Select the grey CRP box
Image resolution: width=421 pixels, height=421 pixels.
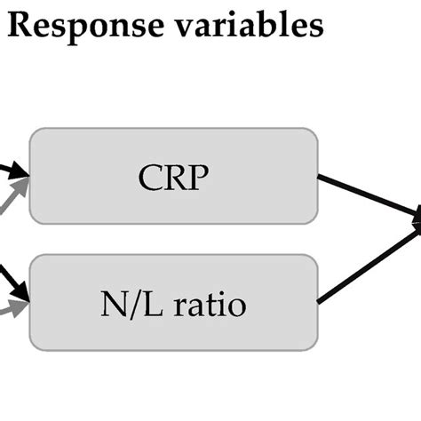click(x=173, y=176)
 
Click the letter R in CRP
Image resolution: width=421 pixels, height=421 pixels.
click(x=174, y=179)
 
